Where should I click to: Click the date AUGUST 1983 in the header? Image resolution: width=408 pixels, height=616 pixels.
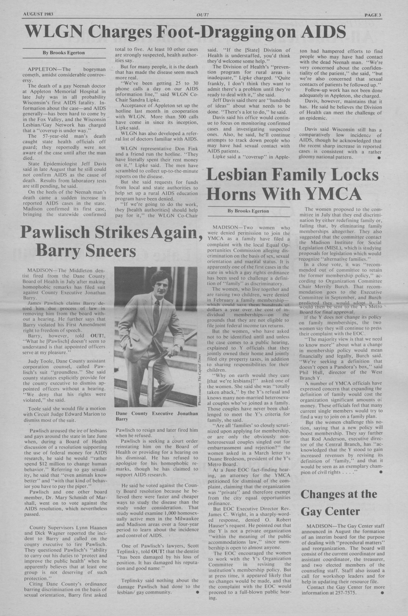(x=38, y=14)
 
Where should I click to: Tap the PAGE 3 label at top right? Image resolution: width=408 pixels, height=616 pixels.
(x=372, y=15)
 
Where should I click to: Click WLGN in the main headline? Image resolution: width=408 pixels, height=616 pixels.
(x=54, y=32)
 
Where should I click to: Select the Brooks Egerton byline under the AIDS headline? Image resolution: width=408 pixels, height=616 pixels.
(x=64, y=53)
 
